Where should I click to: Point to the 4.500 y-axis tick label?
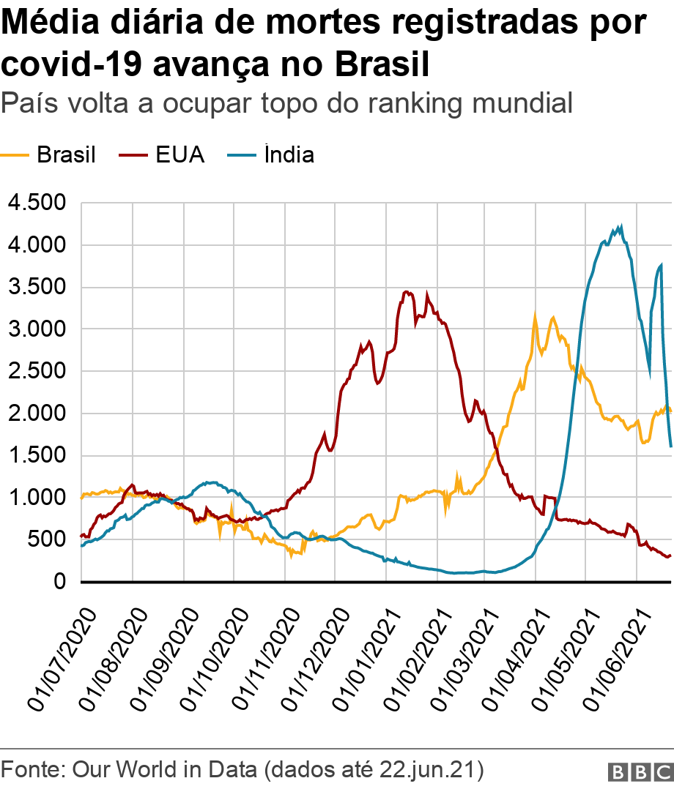click(35, 203)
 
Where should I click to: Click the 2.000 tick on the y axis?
click(35, 414)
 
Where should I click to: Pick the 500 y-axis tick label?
click(48, 540)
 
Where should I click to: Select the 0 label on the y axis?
click(60, 582)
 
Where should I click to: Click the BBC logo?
click(640, 771)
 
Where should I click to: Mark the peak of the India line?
click(621, 226)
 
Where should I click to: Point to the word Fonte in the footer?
click(30, 770)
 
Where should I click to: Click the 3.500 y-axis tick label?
click(35, 287)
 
